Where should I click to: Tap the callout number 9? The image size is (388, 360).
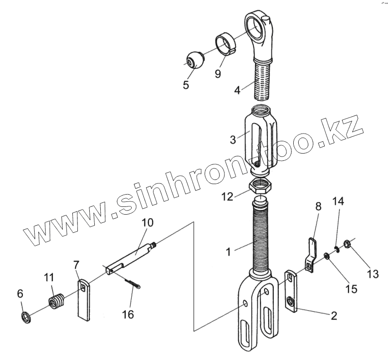tap(218, 73)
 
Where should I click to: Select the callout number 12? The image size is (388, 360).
tap(227, 196)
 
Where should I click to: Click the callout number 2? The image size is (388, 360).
tap(334, 315)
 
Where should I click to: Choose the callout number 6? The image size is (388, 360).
tap(20, 294)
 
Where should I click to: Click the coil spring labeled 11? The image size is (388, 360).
tap(55, 303)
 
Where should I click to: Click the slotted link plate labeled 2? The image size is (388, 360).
tap(291, 292)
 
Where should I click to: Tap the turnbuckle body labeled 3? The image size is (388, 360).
tap(260, 137)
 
